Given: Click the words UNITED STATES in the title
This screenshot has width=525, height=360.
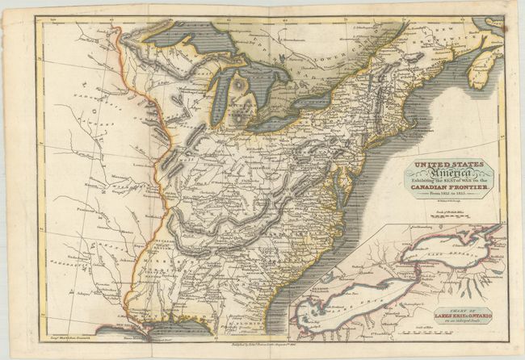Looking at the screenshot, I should click(x=449, y=165).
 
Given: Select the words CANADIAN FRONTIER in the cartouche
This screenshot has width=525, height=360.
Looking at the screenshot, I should click(x=449, y=190).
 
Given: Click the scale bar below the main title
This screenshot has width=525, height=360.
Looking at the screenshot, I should click(x=449, y=216).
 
